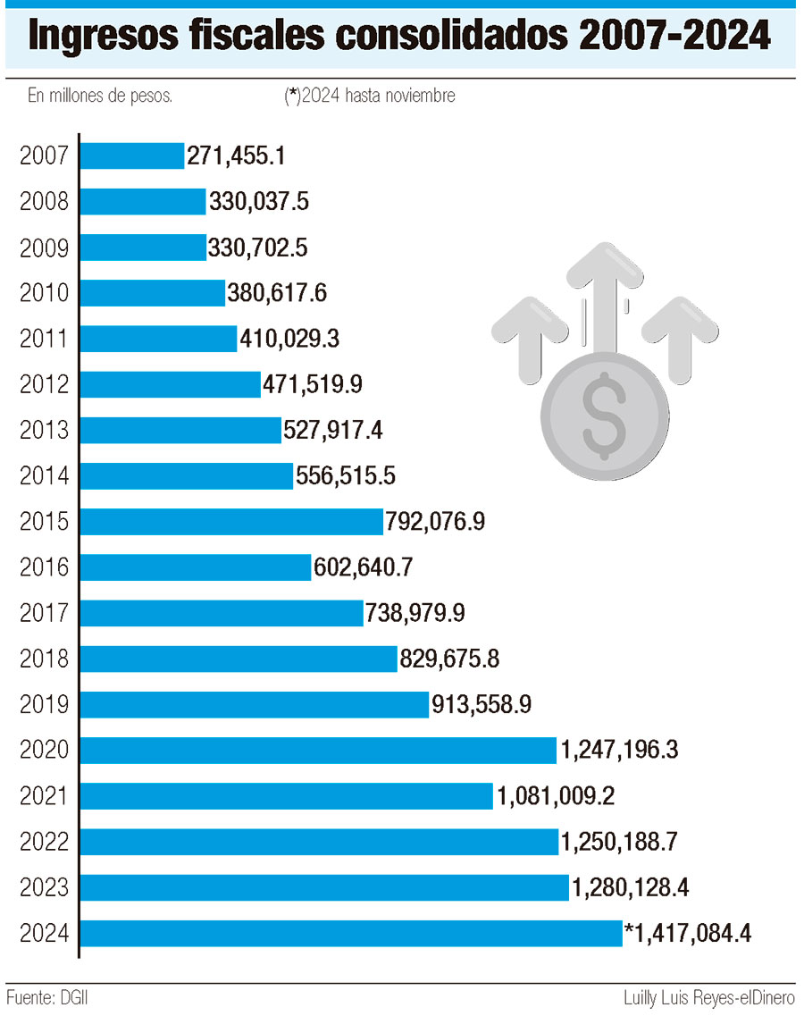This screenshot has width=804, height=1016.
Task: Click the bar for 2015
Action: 232,521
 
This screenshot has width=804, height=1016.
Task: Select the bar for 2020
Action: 319,750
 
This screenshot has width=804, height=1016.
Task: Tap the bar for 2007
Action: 132,155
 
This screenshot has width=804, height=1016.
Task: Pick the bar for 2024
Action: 351,934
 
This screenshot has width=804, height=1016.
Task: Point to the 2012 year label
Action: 44,384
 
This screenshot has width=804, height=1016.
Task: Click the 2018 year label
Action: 44,659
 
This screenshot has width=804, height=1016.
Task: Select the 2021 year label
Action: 44,796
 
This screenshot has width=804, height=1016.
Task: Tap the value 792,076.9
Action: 435,521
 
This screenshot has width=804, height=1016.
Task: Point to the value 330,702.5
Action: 258,248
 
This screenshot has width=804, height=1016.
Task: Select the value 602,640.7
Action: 363,567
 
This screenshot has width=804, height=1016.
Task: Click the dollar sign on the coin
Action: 603,411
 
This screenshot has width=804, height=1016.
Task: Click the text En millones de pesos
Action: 100,96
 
